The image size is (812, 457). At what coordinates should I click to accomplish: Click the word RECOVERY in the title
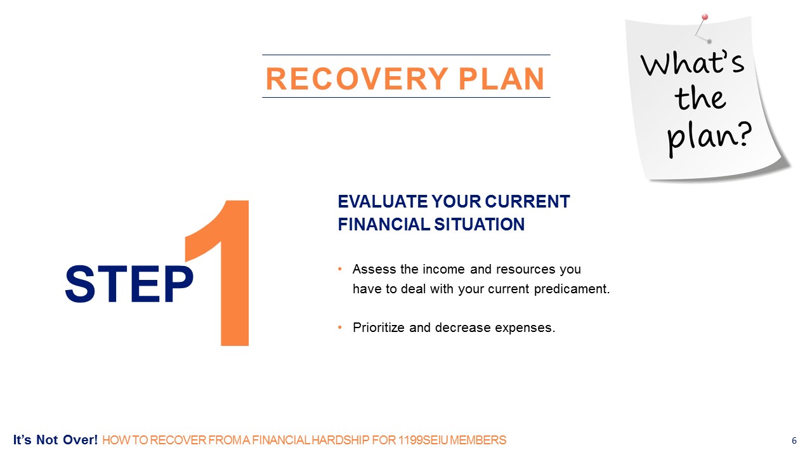click(357, 79)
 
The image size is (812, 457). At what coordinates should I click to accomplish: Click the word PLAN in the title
click(501, 79)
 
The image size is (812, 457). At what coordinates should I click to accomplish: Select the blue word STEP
click(129, 284)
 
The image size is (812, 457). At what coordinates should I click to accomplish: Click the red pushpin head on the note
click(705, 17)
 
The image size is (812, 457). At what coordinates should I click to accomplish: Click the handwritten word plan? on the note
click(709, 138)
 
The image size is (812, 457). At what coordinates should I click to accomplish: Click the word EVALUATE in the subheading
click(383, 202)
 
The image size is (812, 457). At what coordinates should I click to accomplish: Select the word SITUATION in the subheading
click(479, 224)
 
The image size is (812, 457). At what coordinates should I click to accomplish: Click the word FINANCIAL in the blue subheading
click(384, 224)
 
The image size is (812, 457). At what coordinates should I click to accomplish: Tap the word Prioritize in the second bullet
click(379, 328)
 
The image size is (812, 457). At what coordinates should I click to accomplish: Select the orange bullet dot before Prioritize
click(339, 328)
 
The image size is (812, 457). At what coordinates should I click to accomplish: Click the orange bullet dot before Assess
click(339, 269)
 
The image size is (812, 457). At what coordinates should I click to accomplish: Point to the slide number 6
click(794, 440)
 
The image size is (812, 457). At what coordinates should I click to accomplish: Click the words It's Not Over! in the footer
click(55, 440)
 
